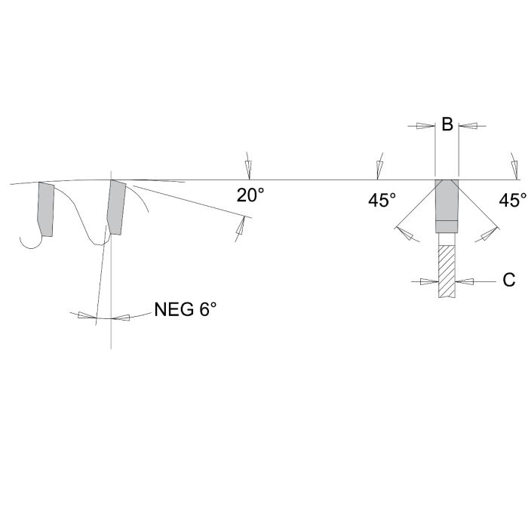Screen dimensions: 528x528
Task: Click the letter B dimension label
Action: (x=447, y=124)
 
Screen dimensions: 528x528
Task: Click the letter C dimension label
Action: (x=509, y=280)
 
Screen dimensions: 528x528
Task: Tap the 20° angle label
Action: (x=250, y=195)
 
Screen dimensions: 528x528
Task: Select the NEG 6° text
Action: (x=186, y=309)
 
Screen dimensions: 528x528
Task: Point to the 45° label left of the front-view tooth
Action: (x=382, y=201)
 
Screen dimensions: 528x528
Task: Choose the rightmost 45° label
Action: (x=512, y=201)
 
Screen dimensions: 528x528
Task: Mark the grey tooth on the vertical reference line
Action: (x=116, y=207)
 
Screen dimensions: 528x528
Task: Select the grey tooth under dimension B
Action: (x=447, y=206)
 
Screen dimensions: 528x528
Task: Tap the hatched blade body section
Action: (x=447, y=272)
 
